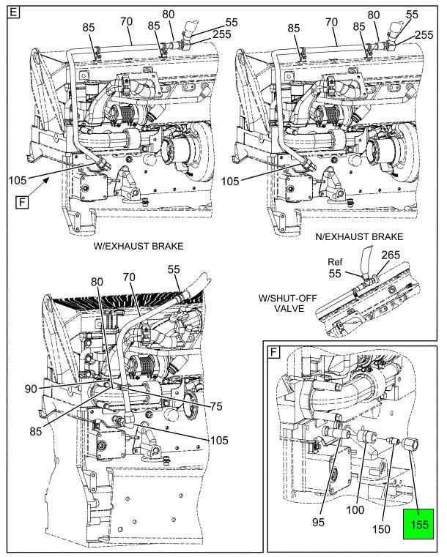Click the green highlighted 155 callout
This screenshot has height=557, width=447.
418,523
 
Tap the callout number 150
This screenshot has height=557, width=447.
381,529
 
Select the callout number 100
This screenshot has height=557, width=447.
355,509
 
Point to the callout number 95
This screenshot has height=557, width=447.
318,522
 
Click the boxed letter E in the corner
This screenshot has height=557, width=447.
13,12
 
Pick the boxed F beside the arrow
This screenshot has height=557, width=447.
22,203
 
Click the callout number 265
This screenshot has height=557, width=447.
391,255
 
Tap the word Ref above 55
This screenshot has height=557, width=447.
335,262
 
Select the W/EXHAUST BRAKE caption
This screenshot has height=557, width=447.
138,246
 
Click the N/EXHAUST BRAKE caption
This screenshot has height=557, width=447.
359,236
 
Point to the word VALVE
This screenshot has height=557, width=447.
289,308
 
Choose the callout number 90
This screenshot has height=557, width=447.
31,389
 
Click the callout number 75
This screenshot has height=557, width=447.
216,406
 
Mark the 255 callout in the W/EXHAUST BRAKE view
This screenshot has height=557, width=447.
222,34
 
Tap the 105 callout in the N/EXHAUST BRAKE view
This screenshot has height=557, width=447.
230,182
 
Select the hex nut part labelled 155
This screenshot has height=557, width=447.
410,444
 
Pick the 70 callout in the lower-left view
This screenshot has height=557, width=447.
129,277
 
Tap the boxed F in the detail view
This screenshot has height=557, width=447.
273,352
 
